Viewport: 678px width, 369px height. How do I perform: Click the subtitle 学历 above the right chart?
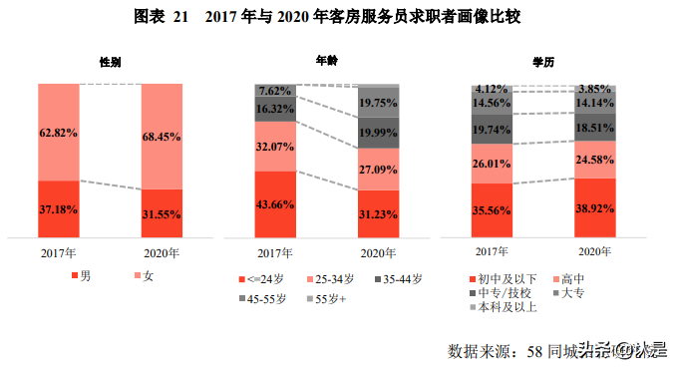(543, 62)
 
